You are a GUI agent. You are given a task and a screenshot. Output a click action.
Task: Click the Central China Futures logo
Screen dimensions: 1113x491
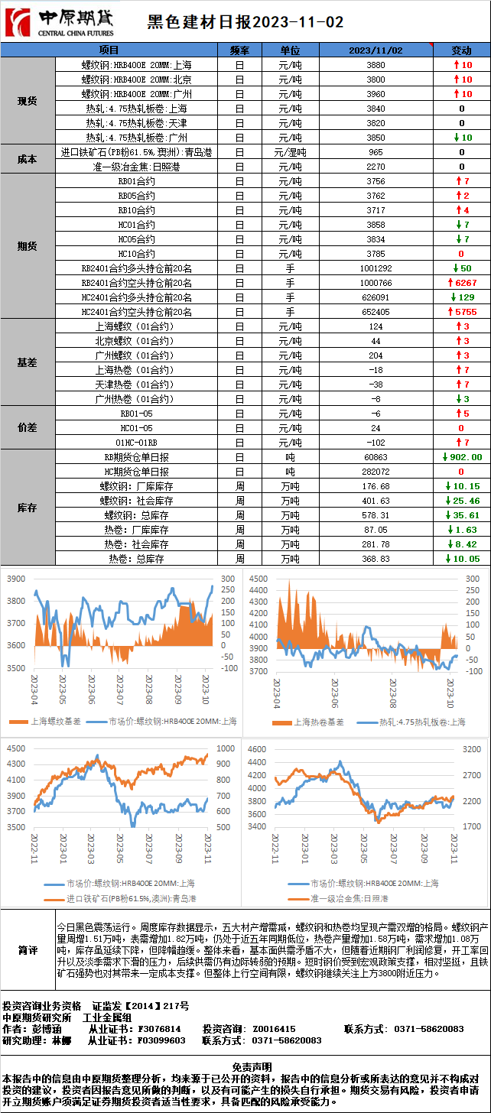60,21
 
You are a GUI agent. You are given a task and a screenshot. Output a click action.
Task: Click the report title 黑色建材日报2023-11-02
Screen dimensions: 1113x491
245,23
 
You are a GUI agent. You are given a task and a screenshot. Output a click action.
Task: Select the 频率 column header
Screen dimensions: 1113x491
239,50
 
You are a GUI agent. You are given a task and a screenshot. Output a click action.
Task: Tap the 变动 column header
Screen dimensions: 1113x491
461,50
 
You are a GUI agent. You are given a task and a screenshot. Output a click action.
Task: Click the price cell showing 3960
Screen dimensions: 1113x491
376,94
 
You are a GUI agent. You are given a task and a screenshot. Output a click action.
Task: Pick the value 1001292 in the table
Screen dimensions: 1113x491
376,268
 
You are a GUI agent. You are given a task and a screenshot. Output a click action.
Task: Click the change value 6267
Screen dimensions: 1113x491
462,283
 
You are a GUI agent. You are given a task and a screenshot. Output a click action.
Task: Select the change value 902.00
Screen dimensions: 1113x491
462,457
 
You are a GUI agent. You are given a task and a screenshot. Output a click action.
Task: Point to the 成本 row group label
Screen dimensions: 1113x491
28,159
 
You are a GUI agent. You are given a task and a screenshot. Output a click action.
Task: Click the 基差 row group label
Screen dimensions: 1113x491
28,362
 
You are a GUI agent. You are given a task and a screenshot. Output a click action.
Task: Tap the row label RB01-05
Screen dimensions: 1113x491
137,414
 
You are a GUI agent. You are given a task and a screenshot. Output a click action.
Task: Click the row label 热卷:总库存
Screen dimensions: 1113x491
137,559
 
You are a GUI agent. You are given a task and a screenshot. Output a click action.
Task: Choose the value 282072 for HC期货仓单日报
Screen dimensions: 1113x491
376,472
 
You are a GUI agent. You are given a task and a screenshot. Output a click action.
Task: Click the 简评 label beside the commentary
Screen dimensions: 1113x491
28,951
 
